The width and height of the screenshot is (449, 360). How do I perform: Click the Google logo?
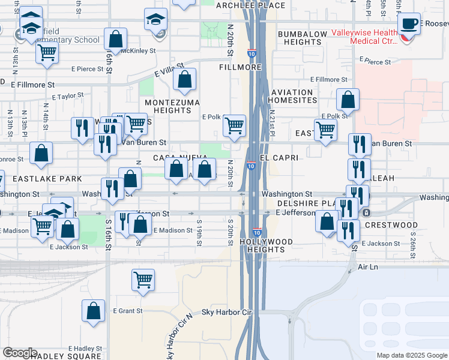[x=20, y=353]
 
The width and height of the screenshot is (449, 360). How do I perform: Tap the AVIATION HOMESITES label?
[x=292, y=96]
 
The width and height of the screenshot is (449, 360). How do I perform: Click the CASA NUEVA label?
[x=175, y=158]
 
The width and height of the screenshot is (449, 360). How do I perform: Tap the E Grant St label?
[x=128, y=311]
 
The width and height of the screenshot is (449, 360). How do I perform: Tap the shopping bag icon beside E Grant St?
[x=93, y=311]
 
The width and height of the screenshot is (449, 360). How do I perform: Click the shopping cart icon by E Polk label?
[x=234, y=126]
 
